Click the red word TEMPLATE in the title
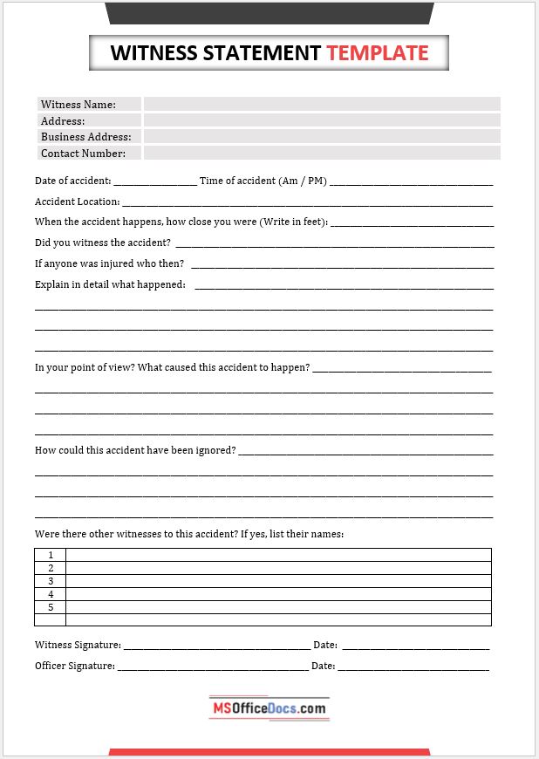pos(378,53)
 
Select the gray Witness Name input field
pos(322,104)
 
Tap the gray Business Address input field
pos(322,137)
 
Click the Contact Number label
pos(83,154)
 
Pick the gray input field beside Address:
pos(322,120)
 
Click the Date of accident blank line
pos(155,181)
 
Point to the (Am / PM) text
pos(303,181)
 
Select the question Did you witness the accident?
pos(103,243)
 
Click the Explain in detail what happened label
pos(110,284)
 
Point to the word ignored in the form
pos(215,450)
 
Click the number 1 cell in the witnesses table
pos(51,555)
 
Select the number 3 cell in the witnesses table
pos(51,581)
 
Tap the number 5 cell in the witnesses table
pos(51,607)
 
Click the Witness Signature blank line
pos(216,646)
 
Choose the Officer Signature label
pos(75,666)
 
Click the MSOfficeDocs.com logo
pos(269,708)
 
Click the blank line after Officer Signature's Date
pos(413,667)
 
